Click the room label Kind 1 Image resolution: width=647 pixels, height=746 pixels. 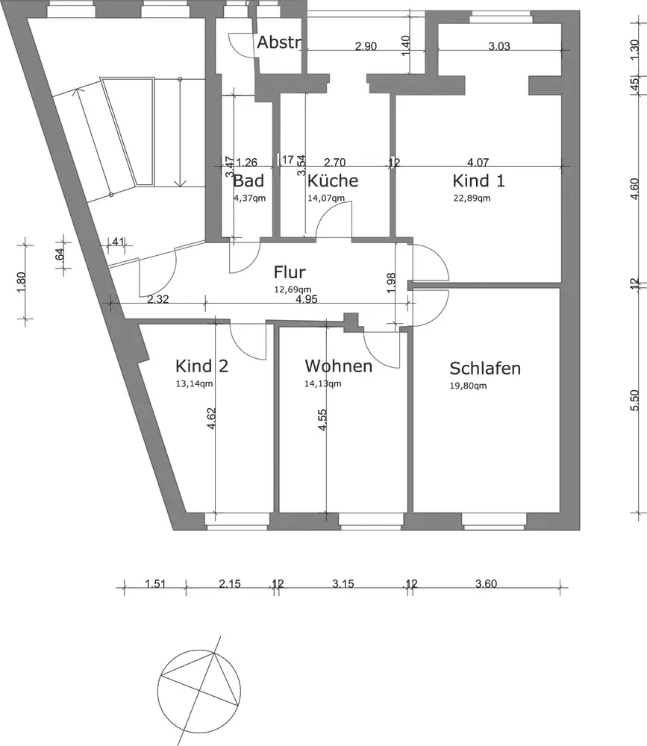pos(478,181)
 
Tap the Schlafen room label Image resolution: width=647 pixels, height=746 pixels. pos(485,369)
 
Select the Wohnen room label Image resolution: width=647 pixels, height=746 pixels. pos(338,366)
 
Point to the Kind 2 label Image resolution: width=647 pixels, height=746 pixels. pos(201,366)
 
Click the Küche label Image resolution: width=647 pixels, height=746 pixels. pos(333,181)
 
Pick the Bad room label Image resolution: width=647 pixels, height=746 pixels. pos(249,181)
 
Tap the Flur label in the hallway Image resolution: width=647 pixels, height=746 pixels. pos(290,272)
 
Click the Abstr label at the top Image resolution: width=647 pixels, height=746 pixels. pos(278,43)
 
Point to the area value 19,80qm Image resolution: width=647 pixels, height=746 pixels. pos(469,386)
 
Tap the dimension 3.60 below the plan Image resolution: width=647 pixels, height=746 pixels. pos(485,584)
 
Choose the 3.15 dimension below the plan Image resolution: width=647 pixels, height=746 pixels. pos(343,584)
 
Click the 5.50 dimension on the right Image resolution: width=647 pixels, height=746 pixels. pos(636,400)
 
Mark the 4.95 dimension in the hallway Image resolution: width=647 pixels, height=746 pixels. pos(307,300)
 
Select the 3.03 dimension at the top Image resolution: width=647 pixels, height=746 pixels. pos(498,46)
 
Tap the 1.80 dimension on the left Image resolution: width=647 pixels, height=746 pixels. pos(22,281)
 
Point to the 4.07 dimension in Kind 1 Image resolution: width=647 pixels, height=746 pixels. pos(478,162)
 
